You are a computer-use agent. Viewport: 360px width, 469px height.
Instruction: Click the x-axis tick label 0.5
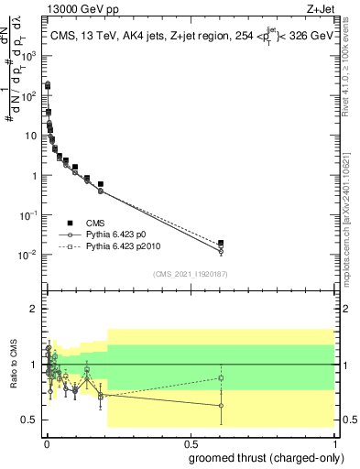pos(190,442)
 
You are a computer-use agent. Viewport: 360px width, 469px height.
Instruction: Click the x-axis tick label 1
pos(333,442)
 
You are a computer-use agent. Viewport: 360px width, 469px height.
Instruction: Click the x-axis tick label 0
pos(48,442)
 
